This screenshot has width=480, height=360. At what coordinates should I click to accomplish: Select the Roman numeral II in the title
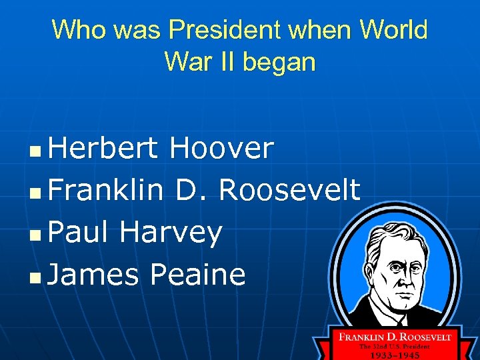[219, 62]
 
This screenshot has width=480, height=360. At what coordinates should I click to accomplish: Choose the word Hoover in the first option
[221, 148]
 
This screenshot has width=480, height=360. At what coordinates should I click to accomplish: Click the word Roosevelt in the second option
[289, 190]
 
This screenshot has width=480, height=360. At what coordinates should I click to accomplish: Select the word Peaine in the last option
[199, 274]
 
